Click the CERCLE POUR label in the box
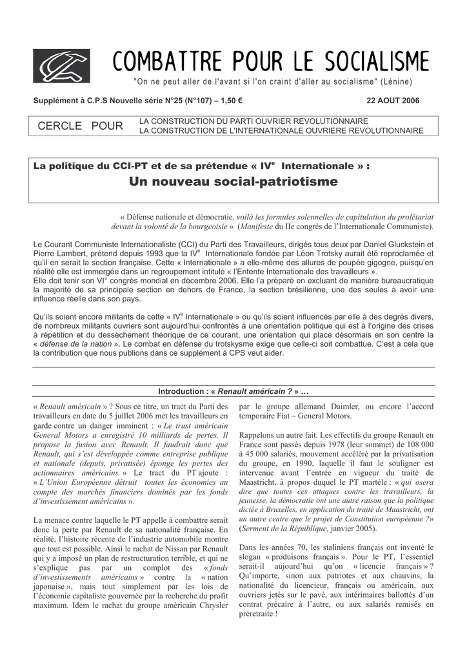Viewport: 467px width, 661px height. pos(81,126)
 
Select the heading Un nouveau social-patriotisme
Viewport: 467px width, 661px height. pos(233,182)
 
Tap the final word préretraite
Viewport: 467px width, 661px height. pos(256,614)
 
